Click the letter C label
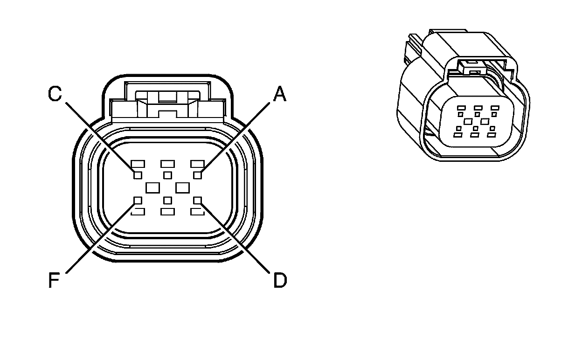click(x=55, y=95)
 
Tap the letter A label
click(x=279, y=95)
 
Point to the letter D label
click(x=280, y=280)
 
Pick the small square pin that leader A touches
click(x=198, y=175)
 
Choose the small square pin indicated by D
click(x=198, y=201)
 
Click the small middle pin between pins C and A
click(x=168, y=175)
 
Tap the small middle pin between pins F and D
click(x=168, y=201)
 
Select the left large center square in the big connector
click(x=153, y=187)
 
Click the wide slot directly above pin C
click(x=138, y=164)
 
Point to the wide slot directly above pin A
click(x=198, y=164)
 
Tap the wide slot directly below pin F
click(x=138, y=212)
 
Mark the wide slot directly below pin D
click(x=198, y=212)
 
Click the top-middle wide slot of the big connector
click(x=168, y=164)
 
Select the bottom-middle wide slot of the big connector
click(x=168, y=212)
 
